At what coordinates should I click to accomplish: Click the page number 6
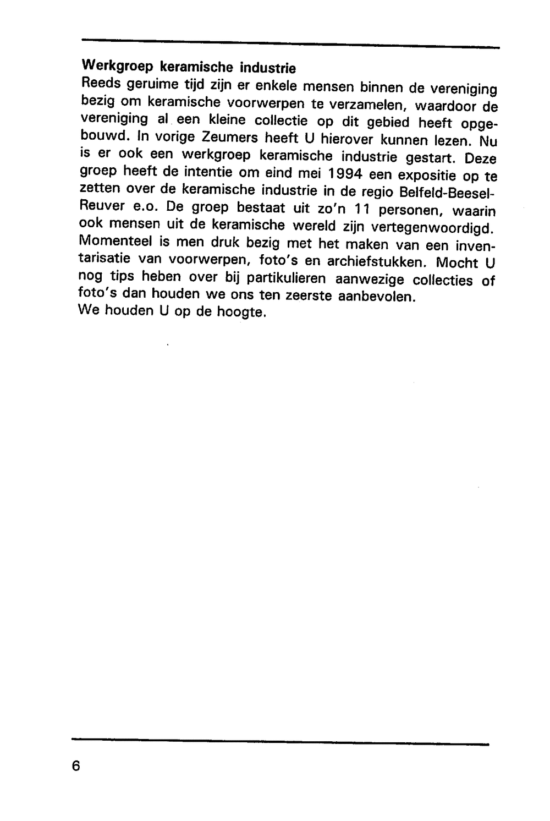(76, 766)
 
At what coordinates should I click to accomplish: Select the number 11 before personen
(360, 210)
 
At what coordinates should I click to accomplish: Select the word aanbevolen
(376, 296)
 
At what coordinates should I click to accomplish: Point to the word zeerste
(309, 295)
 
